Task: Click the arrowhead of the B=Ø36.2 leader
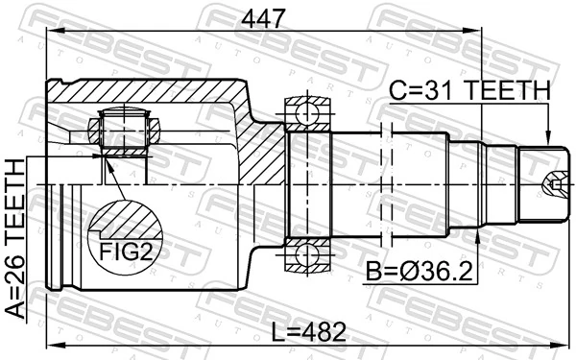pyautogui.click(x=478, y=230)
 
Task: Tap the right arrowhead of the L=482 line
pyautogui.click(x=566, y=346)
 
